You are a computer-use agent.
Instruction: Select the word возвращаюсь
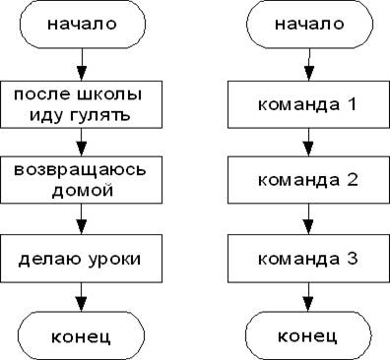pos(80,170)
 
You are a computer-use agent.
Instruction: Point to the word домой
pos(83,190)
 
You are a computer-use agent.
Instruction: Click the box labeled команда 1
pos(308,104)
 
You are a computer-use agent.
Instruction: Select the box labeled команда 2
pos(308,180)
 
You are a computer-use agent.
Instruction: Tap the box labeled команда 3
pos(308,259)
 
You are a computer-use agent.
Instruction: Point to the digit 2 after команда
pos(353,180)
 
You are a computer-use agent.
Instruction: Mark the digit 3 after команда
pos(353,259)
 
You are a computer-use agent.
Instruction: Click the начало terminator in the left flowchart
pos(83,24)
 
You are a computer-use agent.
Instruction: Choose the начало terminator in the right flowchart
pos(309,24)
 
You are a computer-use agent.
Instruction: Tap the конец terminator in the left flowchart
pos(81,335)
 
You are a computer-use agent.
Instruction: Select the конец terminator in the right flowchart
pos(308,335)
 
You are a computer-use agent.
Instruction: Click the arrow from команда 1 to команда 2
pos(308,143)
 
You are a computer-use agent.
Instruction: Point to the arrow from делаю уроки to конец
pos(81,297)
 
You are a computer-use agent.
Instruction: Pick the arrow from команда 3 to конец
pos(308,297)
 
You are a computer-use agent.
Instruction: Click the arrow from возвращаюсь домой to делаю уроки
pos(81,219)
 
